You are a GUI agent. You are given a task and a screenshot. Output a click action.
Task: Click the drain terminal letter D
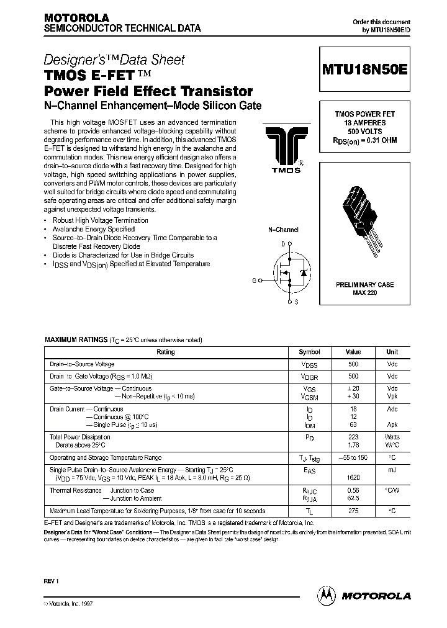point(283,244)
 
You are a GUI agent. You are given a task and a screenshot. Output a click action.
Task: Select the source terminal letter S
point(296,302)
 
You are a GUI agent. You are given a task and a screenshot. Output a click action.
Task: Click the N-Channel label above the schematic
point(283,230)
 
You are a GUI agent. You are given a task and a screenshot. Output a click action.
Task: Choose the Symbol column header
point(309,352)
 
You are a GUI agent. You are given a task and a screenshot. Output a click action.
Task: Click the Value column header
point(353,352)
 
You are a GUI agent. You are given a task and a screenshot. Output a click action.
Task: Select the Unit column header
point(392,352)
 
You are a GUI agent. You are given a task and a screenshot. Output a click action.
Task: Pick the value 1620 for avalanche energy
point(353,479)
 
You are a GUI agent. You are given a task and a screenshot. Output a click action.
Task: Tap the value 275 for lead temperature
point(353,511)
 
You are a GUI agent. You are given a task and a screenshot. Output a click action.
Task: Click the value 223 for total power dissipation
point(353,437)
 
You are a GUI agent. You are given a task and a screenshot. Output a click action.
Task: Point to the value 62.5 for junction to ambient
point(353,498)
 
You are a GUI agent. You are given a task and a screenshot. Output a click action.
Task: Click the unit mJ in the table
point(392,470)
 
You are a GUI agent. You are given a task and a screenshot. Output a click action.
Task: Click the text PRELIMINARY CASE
point(365,285)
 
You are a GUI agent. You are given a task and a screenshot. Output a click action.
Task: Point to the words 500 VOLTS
point(365,132)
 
